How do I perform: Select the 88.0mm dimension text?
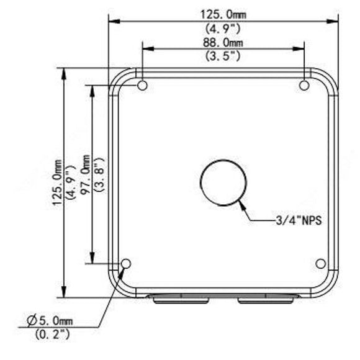tap(223, 42)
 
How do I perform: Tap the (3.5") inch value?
tap(223, 55)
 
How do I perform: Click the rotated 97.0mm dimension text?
tap(86, 176)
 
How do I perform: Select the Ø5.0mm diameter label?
tap(50, 321)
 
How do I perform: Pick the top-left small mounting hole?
tap(142, 85)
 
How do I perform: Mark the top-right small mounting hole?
tap(304, 85)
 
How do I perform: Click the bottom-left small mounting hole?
tap(126, 264)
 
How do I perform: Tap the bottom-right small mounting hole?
tap(320, 264)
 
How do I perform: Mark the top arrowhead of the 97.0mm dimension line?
tap(92, 89)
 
